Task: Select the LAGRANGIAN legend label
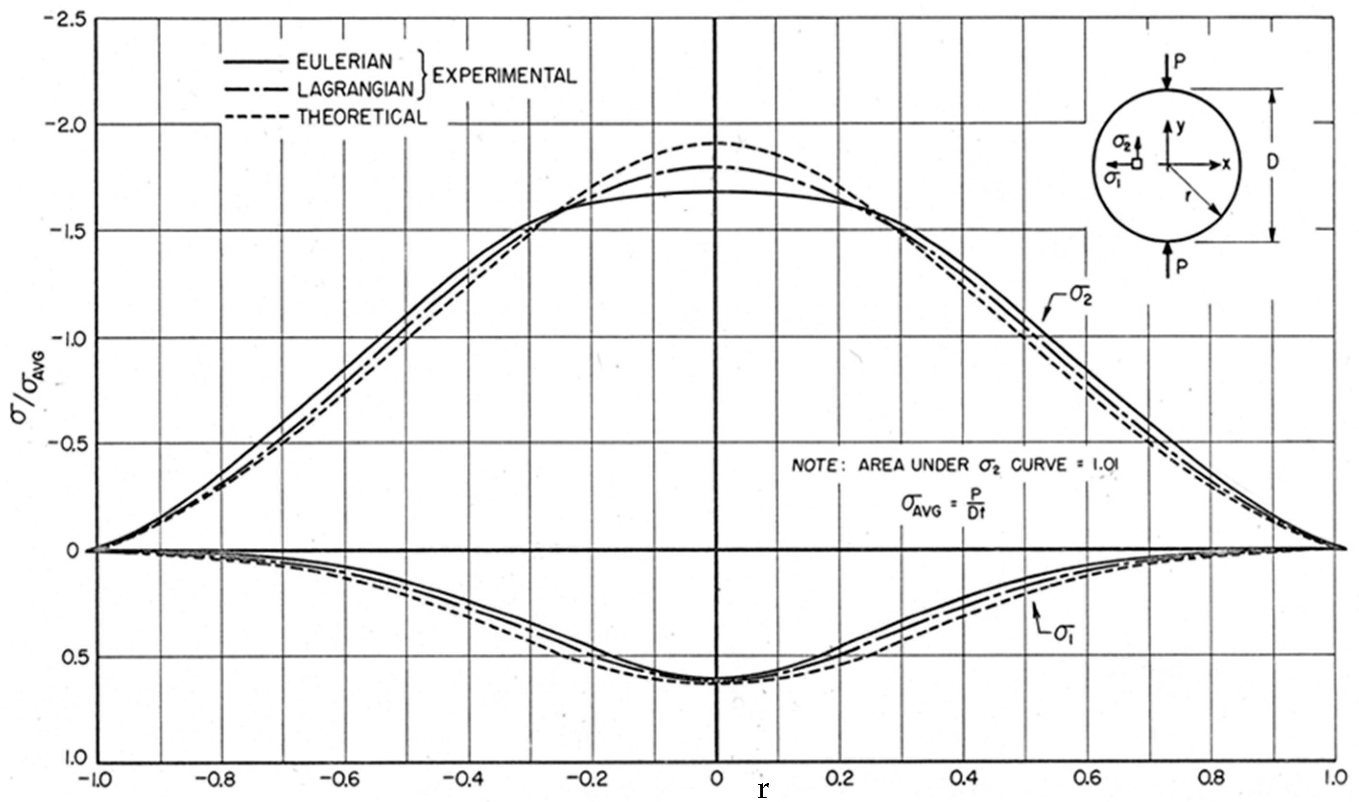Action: (355, 90)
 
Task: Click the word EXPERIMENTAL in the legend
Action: (504, 76)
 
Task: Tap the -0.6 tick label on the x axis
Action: (343, 779)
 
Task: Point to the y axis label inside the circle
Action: (1180, 128)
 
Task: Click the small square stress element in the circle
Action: (1137, 163)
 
